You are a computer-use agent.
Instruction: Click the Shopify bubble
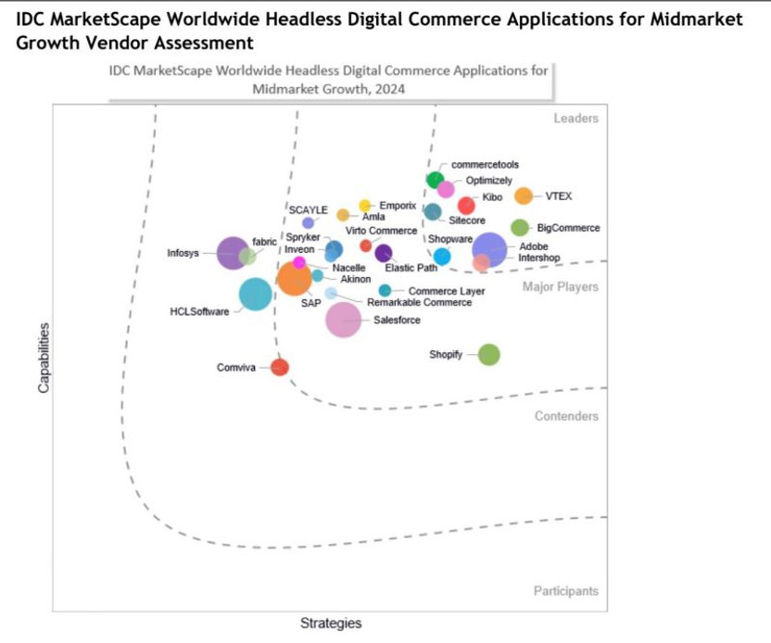(x=488, y=354)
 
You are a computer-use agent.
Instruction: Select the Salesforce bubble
(x=343, y=320)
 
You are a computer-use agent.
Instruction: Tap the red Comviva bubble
(x=279, y=367)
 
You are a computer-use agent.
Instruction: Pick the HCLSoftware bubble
(x=255, y=295)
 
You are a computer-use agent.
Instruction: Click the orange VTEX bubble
(x=524, y=196)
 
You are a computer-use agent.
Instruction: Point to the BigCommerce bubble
(x=520, y=228)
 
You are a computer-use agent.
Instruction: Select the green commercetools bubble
(x=435, y=179)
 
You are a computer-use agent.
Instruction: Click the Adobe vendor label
(x=534, y=246)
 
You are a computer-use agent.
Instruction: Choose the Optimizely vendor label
(x=488, y=181)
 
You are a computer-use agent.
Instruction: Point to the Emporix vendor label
(x=398, y=206)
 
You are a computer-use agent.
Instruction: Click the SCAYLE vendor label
(x=309, y=209)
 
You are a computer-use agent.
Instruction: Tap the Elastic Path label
(x=411, y=268)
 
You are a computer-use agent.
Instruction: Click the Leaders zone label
(x=576, y=119)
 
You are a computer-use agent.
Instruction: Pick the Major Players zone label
(x=561, y=287)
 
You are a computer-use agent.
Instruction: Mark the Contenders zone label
(x=566, y=416)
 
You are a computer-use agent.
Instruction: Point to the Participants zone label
(x=566, y=591)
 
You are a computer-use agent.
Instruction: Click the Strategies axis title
(x=331, y=624)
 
